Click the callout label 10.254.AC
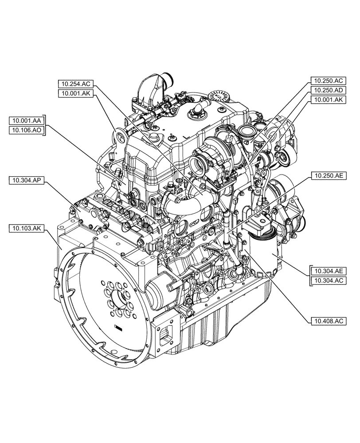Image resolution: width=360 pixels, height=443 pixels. pos(76,83)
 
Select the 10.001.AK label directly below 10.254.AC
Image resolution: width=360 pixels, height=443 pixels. pos(76,93)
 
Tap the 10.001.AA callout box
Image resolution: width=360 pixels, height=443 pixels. pos(27,120)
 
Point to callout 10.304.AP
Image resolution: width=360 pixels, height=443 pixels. pos(27,179)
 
